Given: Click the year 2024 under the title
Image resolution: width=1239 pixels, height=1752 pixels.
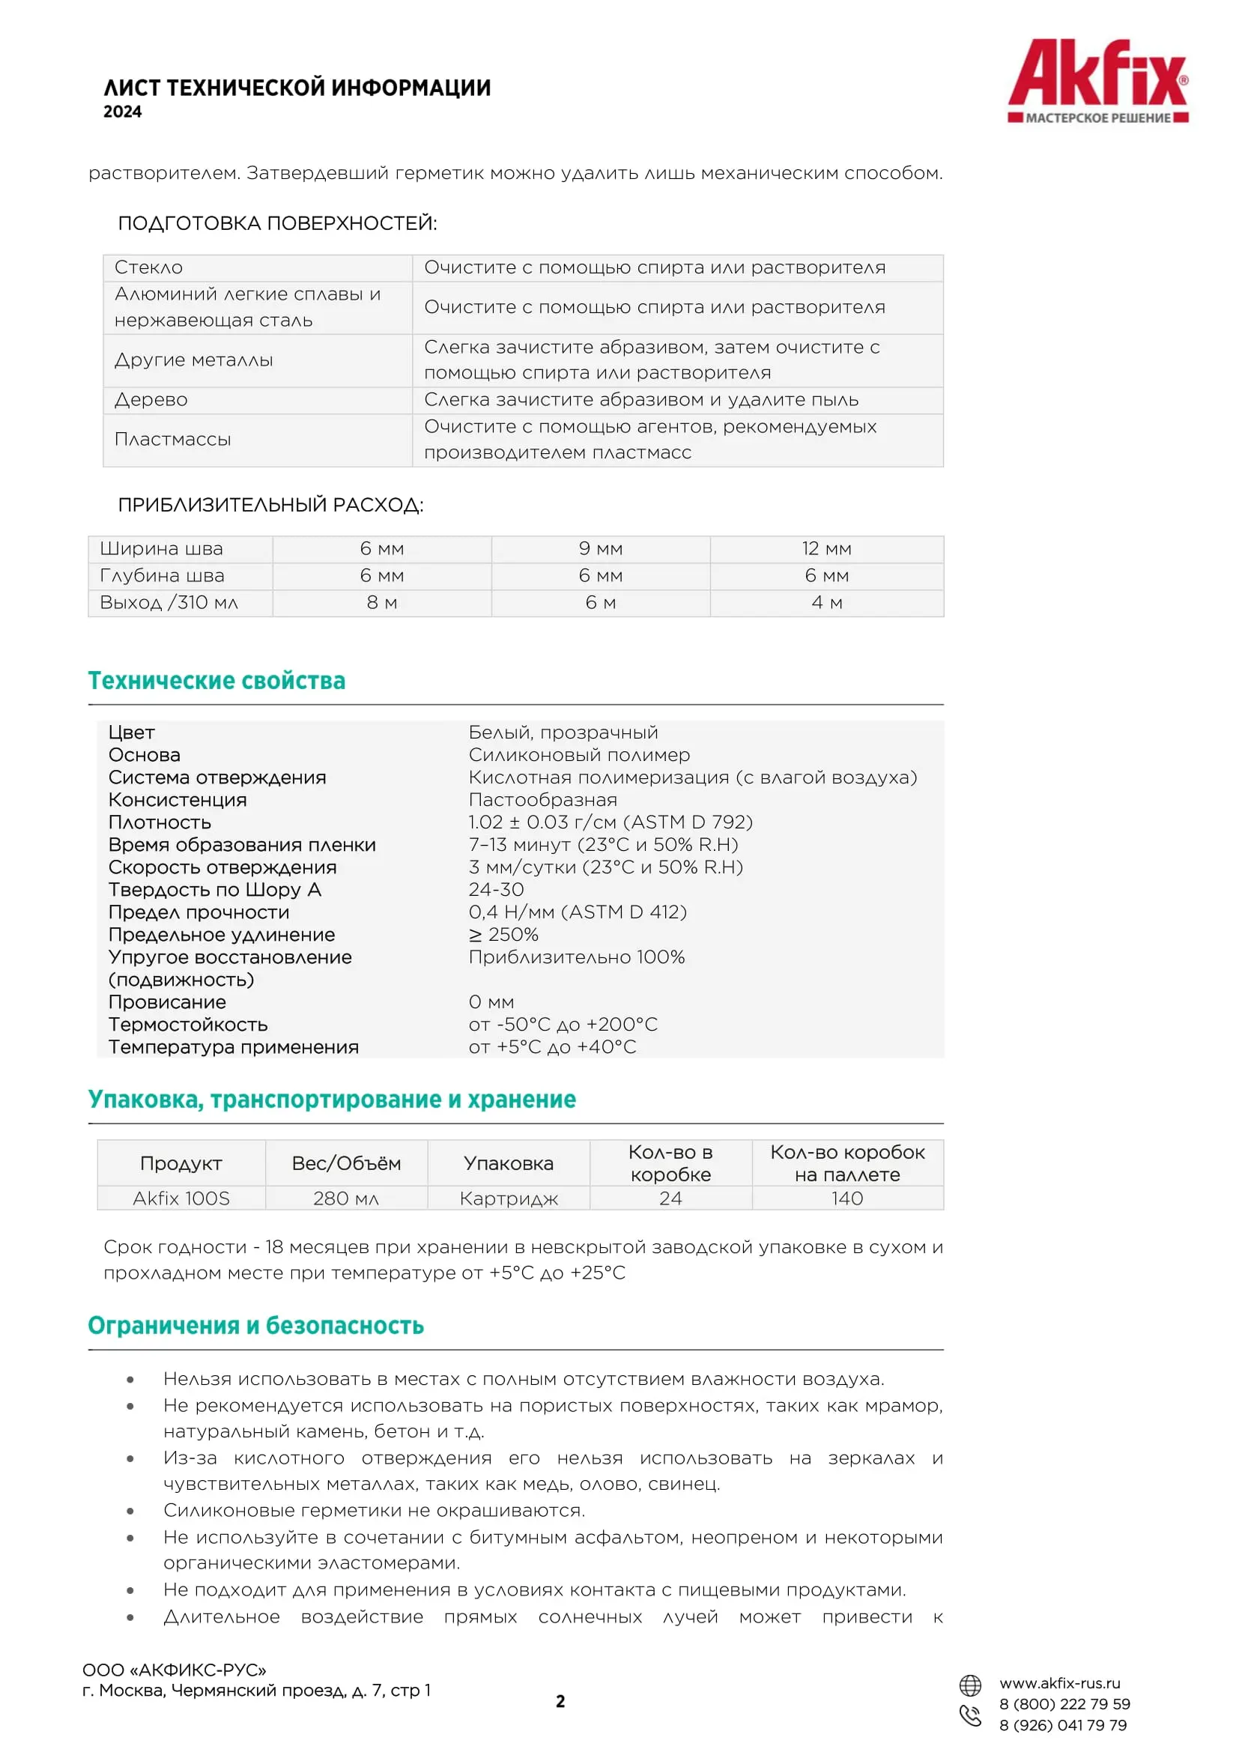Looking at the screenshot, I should click(x=123, y=112).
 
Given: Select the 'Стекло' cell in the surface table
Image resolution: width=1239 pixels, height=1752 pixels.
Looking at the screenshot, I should click(x=149, y=268).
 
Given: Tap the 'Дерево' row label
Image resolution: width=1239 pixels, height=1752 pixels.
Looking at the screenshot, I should click(x=151, y=400).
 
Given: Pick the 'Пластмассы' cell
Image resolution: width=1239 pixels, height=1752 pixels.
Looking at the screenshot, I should click(x=172, y=440).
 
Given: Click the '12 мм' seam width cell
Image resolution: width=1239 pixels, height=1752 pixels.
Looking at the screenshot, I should click(x=826, y=548).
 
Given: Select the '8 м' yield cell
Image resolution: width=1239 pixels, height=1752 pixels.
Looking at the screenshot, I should click(x=381, y=603).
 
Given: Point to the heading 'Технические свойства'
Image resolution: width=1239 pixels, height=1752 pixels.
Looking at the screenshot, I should click(x=216, y=681).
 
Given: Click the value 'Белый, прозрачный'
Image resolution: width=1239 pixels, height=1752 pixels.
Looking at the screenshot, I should click(x=563, y=733).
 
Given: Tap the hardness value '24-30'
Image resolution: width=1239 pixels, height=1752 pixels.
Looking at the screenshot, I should click(x=496, y=890).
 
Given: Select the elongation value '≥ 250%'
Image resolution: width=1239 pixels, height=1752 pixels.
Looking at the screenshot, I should click(x=503, y=935).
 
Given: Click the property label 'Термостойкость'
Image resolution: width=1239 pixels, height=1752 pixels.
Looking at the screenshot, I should click(x=188, y=1025).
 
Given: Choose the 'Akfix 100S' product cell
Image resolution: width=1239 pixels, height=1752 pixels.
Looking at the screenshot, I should click(x=181, y=1198).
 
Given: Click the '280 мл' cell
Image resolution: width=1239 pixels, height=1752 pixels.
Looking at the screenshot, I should click(x=345, y=1198).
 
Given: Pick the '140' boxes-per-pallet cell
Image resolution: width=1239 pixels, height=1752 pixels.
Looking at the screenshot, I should click(x=847, y=1198).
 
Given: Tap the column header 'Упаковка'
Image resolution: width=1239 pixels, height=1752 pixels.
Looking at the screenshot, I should click(x=508, y=1164).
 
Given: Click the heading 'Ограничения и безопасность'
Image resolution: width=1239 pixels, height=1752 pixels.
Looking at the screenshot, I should click(x=255, y=1326).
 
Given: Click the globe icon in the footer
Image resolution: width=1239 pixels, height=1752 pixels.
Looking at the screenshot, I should click(x=969, y=1684).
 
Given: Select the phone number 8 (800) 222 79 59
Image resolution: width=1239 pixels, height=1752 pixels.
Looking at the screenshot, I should click(x=1064, y=1704).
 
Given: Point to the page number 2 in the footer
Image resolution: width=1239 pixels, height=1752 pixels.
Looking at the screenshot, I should click(x=560, y=1701).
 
